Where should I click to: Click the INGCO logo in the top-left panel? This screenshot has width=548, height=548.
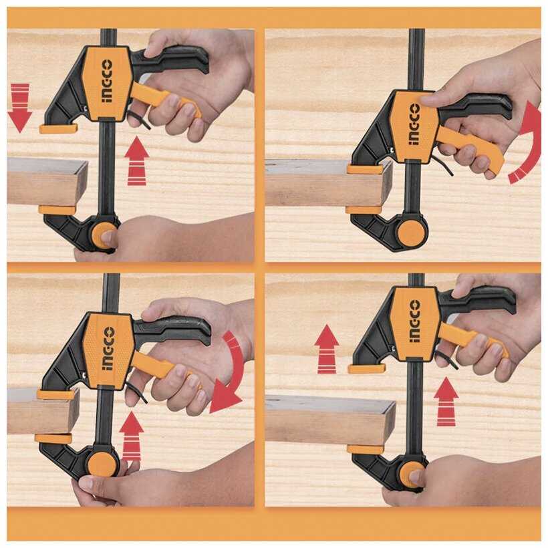(108, 81)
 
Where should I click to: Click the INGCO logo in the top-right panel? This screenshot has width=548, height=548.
(414, 124)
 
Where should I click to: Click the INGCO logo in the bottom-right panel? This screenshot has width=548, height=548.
(415, 321)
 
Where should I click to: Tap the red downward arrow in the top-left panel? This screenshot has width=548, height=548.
(20, 108)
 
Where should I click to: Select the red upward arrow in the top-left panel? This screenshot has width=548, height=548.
(137, 161)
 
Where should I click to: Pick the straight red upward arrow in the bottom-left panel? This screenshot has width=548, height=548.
(132, 436)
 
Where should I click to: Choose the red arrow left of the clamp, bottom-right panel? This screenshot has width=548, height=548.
(327, 349)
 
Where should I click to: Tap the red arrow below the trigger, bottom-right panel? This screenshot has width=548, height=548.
(446, 402)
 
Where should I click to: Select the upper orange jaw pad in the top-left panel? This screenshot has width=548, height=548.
(58, 128)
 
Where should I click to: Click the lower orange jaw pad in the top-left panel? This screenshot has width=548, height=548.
(57, 210)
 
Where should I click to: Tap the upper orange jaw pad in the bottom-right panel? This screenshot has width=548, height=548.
(367, 368)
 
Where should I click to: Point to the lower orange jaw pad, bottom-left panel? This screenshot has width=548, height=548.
(53, 438)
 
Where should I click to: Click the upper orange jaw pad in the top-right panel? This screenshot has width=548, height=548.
(365, 170)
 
